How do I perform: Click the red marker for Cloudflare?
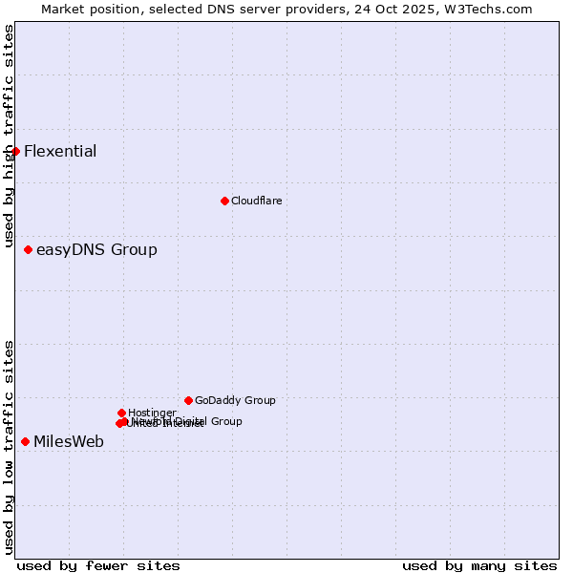coord(224,201)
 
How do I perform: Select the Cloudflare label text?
coord(256,201)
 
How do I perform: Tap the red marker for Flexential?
coord(15,151)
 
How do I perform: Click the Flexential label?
coord(60,151)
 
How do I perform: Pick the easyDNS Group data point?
coord(28,249)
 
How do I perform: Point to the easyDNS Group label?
coord(96,250)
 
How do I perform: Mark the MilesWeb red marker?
coord(25,441)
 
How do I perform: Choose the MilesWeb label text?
coord(69,441)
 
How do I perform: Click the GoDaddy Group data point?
coord(188,400)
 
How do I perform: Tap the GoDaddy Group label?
coord(235,400)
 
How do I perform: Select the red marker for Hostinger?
coord(121,413)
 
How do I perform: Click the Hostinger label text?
coord(152,413)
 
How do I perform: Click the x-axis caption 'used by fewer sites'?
coord(98,565)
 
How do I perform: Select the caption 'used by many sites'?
coord(479,565)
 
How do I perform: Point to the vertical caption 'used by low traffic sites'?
coord(9,447)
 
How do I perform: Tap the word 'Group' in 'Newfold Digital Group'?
coord(225,421)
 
